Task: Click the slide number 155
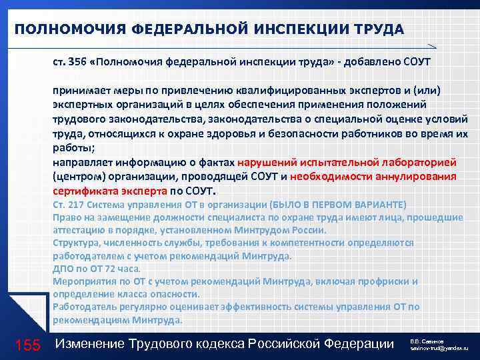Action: point(27,344)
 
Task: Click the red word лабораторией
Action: point(416,161)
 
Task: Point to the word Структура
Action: point(77,243)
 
